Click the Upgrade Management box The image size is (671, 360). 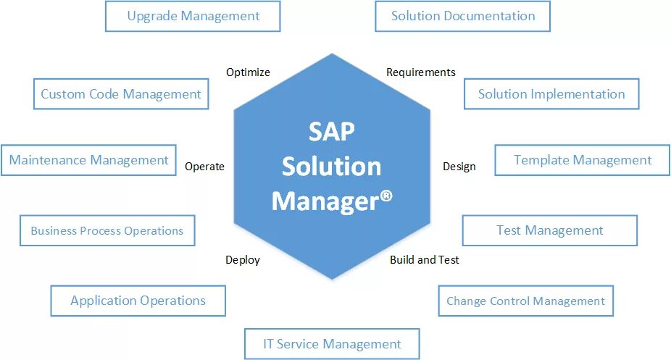coord(193,16)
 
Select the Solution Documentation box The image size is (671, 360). coord(462,16)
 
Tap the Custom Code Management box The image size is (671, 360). coord(121,94)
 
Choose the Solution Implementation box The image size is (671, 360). coord(551,94)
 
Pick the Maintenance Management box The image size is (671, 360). coord(88,160)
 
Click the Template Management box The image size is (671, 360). coord(583,160)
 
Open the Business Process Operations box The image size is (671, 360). coord(107,231)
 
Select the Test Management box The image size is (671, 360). coord(549,231)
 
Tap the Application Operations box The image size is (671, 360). coord(138,301)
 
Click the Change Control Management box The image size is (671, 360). coord(525,301)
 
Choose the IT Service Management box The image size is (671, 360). coord(332,344)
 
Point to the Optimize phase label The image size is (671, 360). coord(248,72)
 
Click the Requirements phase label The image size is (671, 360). coord(420,72)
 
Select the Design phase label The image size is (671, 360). coord(459,167)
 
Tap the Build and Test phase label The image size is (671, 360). coord(424,259)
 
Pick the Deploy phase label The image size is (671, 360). coord(242,259)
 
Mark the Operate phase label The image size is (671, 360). coord(204,167)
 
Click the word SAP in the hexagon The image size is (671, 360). coord(331,133)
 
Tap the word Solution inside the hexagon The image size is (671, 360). coord(331,167)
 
